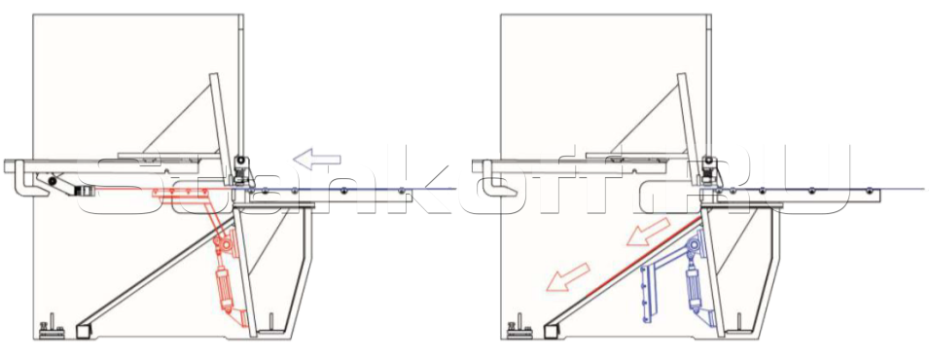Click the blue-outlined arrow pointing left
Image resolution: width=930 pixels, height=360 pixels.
tap(317, 159)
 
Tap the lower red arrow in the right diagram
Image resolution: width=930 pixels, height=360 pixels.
tap(567, 277)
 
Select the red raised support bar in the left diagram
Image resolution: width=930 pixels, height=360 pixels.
tap(180, 194)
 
